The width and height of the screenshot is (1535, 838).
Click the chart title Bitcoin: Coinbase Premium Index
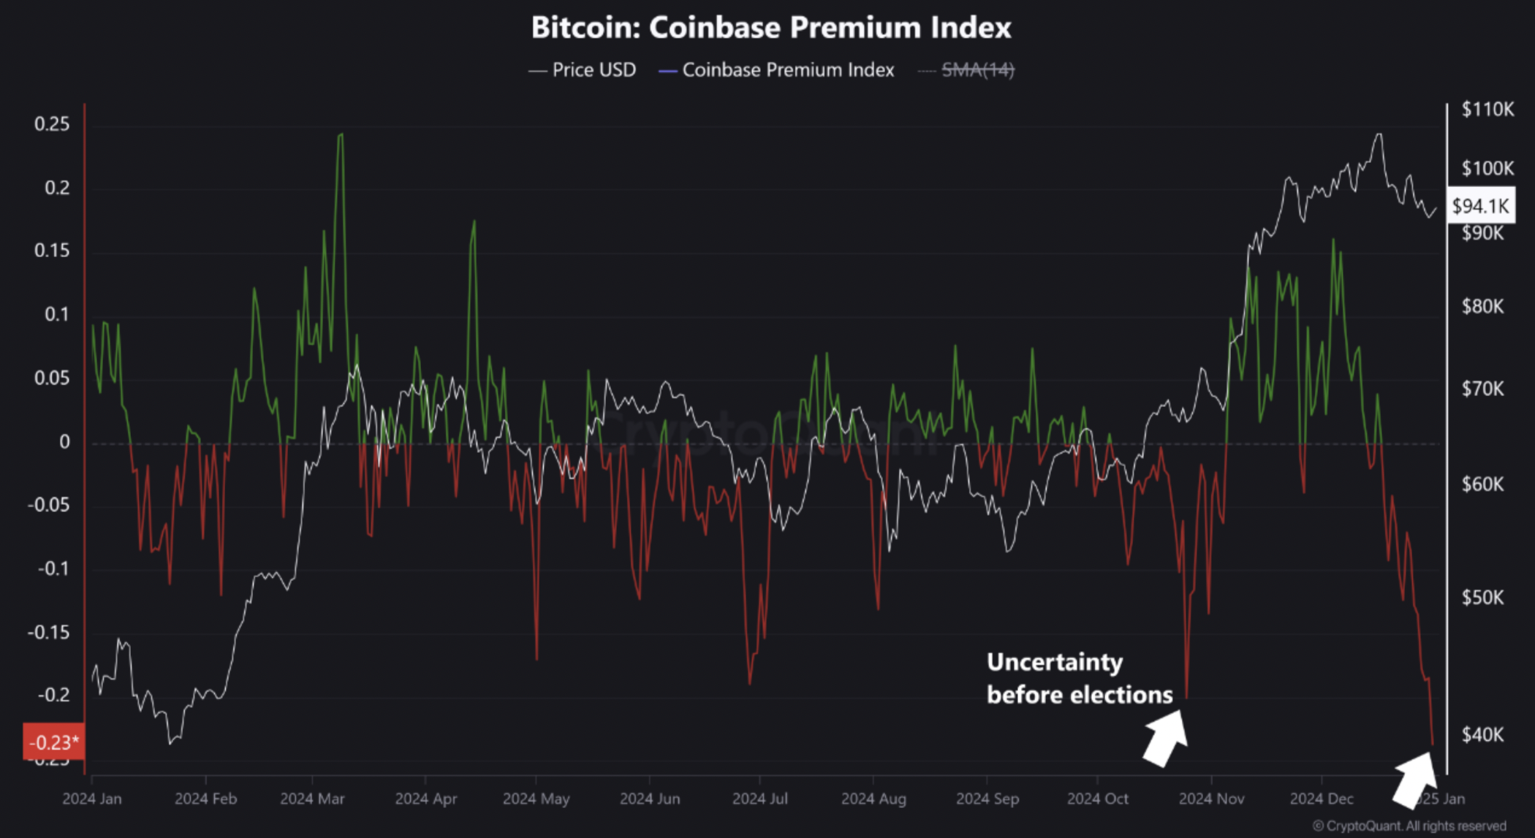coord(771,28)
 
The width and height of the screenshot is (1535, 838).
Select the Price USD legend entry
coord(583,70)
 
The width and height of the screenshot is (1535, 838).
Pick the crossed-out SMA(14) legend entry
coord(968,70)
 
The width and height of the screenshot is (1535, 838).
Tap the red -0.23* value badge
coord(53,742)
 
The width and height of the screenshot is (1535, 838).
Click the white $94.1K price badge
coord(1480,206)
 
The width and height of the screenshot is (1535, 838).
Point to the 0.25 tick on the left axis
coord(52,124)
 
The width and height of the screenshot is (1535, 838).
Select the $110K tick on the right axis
coord(1487,110)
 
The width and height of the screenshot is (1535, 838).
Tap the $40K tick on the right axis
coord(1482,735)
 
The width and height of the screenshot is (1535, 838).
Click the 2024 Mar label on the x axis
coord(312,799)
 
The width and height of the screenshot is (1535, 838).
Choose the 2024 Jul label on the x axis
coord(760,799)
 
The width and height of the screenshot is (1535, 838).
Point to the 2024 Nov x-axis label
coord(1211,799)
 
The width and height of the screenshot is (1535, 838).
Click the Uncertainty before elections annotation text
coord(1079,678)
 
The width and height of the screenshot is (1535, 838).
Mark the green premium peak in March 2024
coord(341,135)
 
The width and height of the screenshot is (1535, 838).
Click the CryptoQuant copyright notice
coord(1409,826)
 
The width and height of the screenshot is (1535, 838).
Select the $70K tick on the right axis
coord(1482,389)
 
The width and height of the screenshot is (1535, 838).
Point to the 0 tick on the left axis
coord(64,442)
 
